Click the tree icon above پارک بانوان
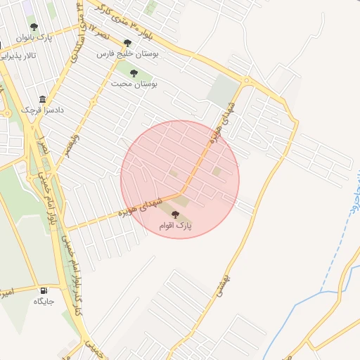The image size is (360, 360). tap(34, 27)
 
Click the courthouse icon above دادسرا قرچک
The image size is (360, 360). tap(43, 99)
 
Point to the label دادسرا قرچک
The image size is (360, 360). tap(37, 110)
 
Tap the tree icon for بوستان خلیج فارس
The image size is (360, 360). tap(127, 43)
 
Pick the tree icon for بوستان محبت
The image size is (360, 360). tap(134, 72)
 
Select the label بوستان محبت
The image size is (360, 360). tap(134, 83)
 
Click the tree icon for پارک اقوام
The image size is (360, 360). tap(175, 214)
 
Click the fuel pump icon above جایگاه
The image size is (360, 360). tap(44, 290)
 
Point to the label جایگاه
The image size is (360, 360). tap(44, 301)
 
